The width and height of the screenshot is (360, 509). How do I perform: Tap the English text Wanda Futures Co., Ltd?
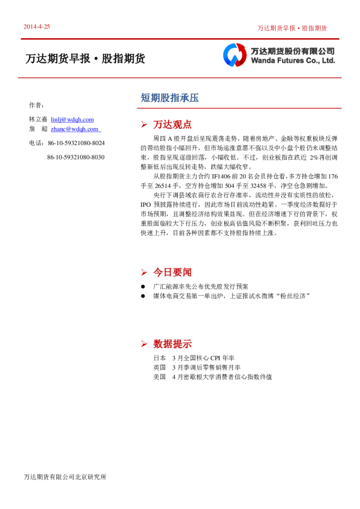coord(292,61)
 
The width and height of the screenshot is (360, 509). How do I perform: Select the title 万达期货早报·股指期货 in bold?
coord(85,59)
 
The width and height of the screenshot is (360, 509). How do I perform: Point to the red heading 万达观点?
coord(172,125)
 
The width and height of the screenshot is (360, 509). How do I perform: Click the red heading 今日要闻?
coord(172,272)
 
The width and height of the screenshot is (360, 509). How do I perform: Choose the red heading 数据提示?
coord(172,344)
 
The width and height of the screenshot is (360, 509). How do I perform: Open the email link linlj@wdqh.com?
coord(72,120)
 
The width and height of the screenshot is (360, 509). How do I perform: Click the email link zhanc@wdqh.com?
coord(75,129)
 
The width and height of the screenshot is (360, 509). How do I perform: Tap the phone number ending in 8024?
coord(76,143)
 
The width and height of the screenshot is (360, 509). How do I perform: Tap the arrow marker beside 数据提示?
coord(143,344)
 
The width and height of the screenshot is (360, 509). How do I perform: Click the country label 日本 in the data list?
coord(159,358)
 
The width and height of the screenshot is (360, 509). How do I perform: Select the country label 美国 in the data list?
coord(159,377)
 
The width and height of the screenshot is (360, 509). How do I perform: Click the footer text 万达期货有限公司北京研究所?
coord(65,478)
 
